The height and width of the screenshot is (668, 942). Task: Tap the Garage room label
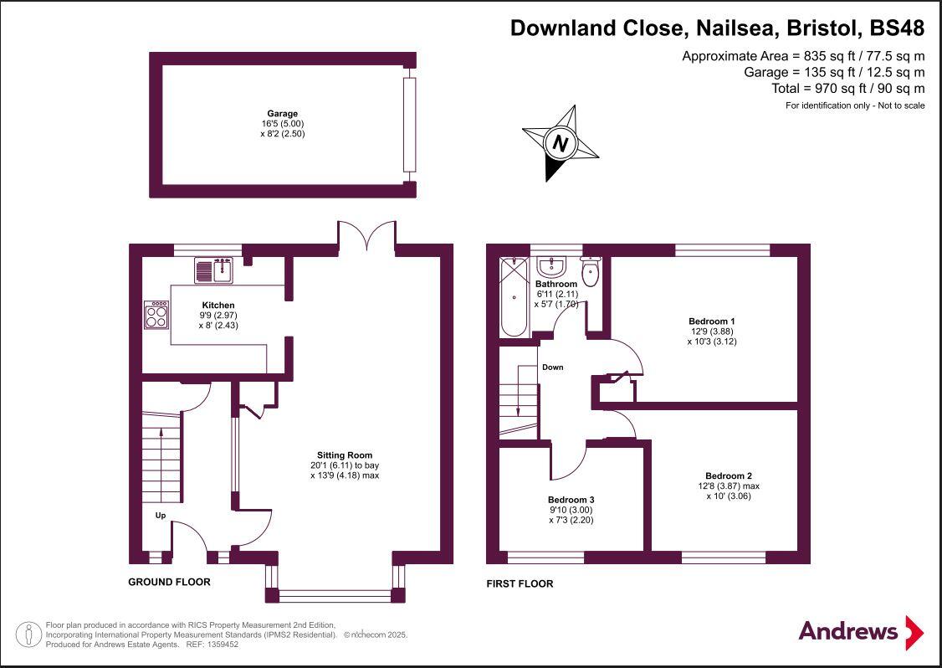pos(282,113)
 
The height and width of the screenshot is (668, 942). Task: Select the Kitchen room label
pos(218,305)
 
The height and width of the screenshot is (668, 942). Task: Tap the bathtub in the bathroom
pos(514,296)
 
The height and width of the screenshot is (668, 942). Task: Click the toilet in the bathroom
pos(591,271)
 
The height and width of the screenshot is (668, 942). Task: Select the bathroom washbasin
pos(551,267)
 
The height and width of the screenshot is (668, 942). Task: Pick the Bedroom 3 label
pos(571,500)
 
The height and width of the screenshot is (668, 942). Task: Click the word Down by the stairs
pos(552,367)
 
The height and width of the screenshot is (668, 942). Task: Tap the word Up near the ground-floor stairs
pos(160,516)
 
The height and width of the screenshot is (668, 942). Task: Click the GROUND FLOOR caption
pos(169,582)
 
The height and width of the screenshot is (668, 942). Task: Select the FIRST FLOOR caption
pos(520,583)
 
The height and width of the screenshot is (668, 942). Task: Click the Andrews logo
pos(861,631)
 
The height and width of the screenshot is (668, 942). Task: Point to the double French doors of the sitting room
pos(366,236)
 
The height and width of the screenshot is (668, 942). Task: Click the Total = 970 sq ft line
pos(847,88)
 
